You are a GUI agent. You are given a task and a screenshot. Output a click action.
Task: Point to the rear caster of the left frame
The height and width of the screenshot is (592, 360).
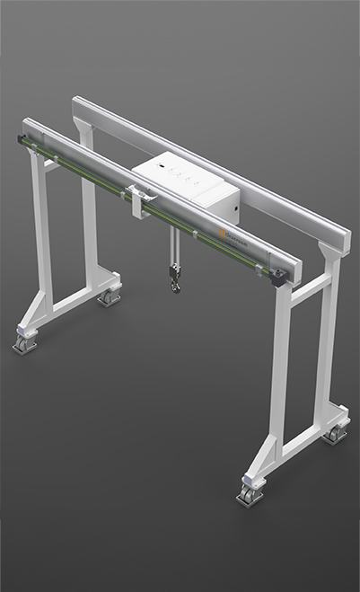[x=110, y=296]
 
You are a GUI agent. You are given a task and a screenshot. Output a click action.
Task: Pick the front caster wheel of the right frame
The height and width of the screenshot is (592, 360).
[x=249, y=493]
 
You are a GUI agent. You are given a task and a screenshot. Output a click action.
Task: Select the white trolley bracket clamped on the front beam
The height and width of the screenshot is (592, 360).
[x=137, y=199]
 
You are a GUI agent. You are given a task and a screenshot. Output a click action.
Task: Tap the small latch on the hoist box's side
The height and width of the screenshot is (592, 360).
[x=236, y=216]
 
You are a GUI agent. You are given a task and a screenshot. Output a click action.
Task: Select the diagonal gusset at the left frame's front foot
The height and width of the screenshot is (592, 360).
[x=39, y=310]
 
